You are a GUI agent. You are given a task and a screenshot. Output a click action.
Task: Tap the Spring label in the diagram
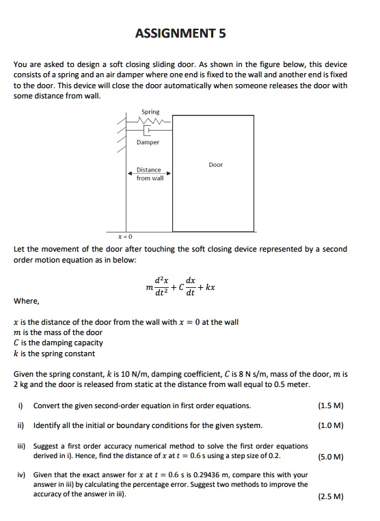point(150,111)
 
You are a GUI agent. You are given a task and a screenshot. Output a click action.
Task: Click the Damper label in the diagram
point(148,142)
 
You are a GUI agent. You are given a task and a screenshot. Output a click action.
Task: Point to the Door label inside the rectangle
point(216,165)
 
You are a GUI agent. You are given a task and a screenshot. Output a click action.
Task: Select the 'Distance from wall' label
point(148,174)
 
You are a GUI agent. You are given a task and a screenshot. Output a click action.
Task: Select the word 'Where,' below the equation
point(27,301)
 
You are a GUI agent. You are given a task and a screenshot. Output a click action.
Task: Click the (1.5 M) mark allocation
point(331,405)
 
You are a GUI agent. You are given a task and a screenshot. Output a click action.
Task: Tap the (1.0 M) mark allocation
point(331,425)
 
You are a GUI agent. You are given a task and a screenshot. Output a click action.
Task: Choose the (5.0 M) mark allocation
point(331,455)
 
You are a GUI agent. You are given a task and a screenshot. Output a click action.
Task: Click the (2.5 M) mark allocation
point(331,496)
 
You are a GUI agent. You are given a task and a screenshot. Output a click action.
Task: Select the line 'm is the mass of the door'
point(58,332)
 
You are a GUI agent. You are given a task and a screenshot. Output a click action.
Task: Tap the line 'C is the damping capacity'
point(58,343)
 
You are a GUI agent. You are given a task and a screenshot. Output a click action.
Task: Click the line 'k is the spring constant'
point(55,353)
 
